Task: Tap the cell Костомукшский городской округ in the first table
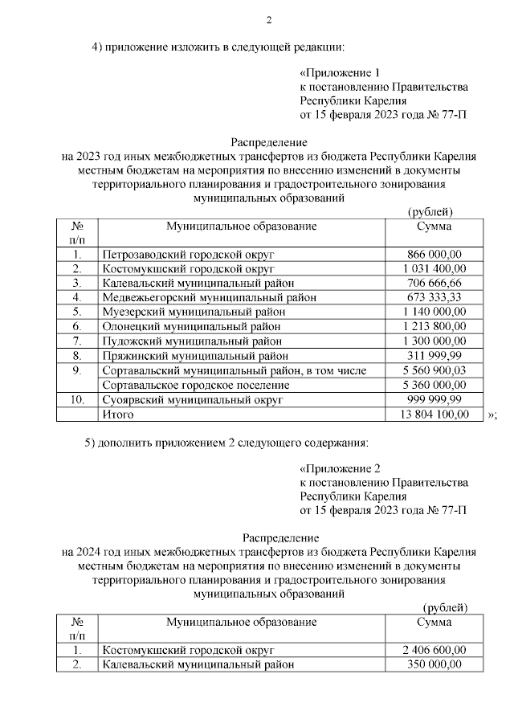tap(189, 269)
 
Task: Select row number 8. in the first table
tap(77, 356)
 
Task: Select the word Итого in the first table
tap(117, 414)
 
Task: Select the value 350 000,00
tap(434, 664)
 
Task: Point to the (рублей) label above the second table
tap(444, 607)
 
